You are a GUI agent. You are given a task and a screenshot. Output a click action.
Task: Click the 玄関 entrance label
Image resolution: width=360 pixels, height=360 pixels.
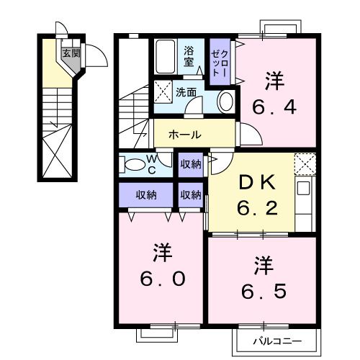point(71,53)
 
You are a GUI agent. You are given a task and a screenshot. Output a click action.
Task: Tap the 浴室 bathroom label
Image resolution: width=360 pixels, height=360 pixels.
point(189,57)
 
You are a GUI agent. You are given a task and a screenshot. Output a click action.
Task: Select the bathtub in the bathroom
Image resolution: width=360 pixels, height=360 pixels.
point(165,57)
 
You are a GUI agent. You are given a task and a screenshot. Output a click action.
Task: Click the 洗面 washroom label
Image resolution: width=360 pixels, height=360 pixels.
point(186,92)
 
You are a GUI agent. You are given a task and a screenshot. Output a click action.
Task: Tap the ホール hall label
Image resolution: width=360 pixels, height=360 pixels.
point(185,135)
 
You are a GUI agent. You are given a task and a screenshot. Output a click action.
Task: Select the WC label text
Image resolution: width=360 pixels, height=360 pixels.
point(151,164)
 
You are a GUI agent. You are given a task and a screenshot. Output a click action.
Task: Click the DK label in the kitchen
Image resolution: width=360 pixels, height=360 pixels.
point(257,183)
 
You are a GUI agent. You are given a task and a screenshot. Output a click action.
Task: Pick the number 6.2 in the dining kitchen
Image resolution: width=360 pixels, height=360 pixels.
point(257,208)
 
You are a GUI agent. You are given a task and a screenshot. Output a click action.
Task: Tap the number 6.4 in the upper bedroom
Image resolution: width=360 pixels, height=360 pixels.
point(274,107)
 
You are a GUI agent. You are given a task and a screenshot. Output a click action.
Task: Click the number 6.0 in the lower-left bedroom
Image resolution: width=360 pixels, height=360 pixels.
point(163,279)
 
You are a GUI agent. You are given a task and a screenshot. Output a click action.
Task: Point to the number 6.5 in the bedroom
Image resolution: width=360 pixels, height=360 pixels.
point(264,291)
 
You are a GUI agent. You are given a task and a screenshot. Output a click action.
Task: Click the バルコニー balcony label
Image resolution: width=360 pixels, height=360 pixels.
point(277,341)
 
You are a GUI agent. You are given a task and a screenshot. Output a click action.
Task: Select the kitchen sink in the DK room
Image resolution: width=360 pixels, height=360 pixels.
point(303,188)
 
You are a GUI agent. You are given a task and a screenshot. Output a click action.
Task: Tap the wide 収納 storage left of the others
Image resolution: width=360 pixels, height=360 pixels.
point(146,194)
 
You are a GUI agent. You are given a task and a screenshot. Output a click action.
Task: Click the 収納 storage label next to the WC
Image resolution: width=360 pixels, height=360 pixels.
point(191,164)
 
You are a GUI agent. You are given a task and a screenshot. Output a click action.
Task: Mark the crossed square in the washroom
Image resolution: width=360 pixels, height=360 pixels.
point(163,92)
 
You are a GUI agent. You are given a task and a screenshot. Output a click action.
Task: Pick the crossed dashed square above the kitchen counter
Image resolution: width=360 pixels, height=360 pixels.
point(305,164)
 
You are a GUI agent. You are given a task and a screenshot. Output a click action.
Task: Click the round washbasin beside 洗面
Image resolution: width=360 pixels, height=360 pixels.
point(226,101)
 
